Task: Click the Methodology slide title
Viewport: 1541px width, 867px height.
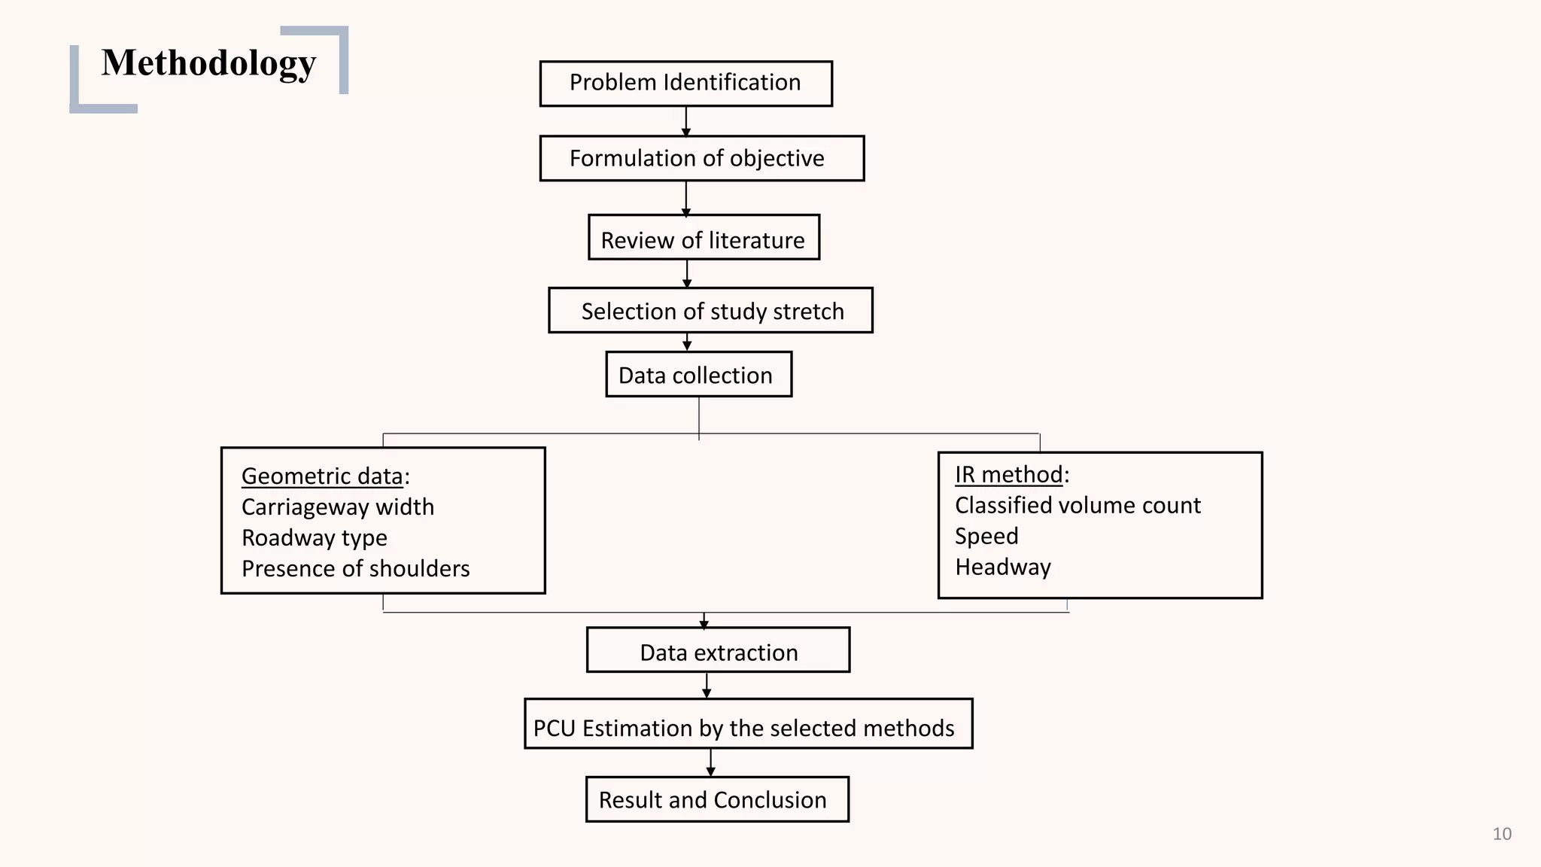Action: coord(208,63)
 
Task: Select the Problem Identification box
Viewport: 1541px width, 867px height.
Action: coord(685,83)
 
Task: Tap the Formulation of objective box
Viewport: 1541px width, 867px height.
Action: coord(701,158)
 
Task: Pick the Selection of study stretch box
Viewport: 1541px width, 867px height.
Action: coord(710,311)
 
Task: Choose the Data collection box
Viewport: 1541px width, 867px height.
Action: coord(698,375)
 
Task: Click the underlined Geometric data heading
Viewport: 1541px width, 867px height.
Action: coord(322,476)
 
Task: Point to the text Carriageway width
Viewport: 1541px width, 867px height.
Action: coord(338,507)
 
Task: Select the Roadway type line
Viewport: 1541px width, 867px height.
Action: coord(315,538)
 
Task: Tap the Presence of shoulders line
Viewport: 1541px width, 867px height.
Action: coord(355,569)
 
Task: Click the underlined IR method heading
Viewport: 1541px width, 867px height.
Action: coord(1008,475)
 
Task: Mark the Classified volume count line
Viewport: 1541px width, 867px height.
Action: coord(1077,506)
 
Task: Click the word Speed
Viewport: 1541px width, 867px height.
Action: coord(986,537)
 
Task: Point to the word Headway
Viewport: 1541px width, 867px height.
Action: coord(1003,567)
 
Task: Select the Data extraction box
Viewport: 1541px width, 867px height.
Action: coord(718,652)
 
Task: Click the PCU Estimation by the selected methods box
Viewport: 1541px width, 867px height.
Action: coord(748,726)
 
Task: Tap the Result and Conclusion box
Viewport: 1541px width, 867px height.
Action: coord(716,799)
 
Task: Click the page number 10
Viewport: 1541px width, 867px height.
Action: coord(1502,834)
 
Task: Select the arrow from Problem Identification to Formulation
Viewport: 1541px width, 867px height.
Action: coord(685,121)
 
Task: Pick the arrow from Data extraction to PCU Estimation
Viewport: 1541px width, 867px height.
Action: coord(707,685)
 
